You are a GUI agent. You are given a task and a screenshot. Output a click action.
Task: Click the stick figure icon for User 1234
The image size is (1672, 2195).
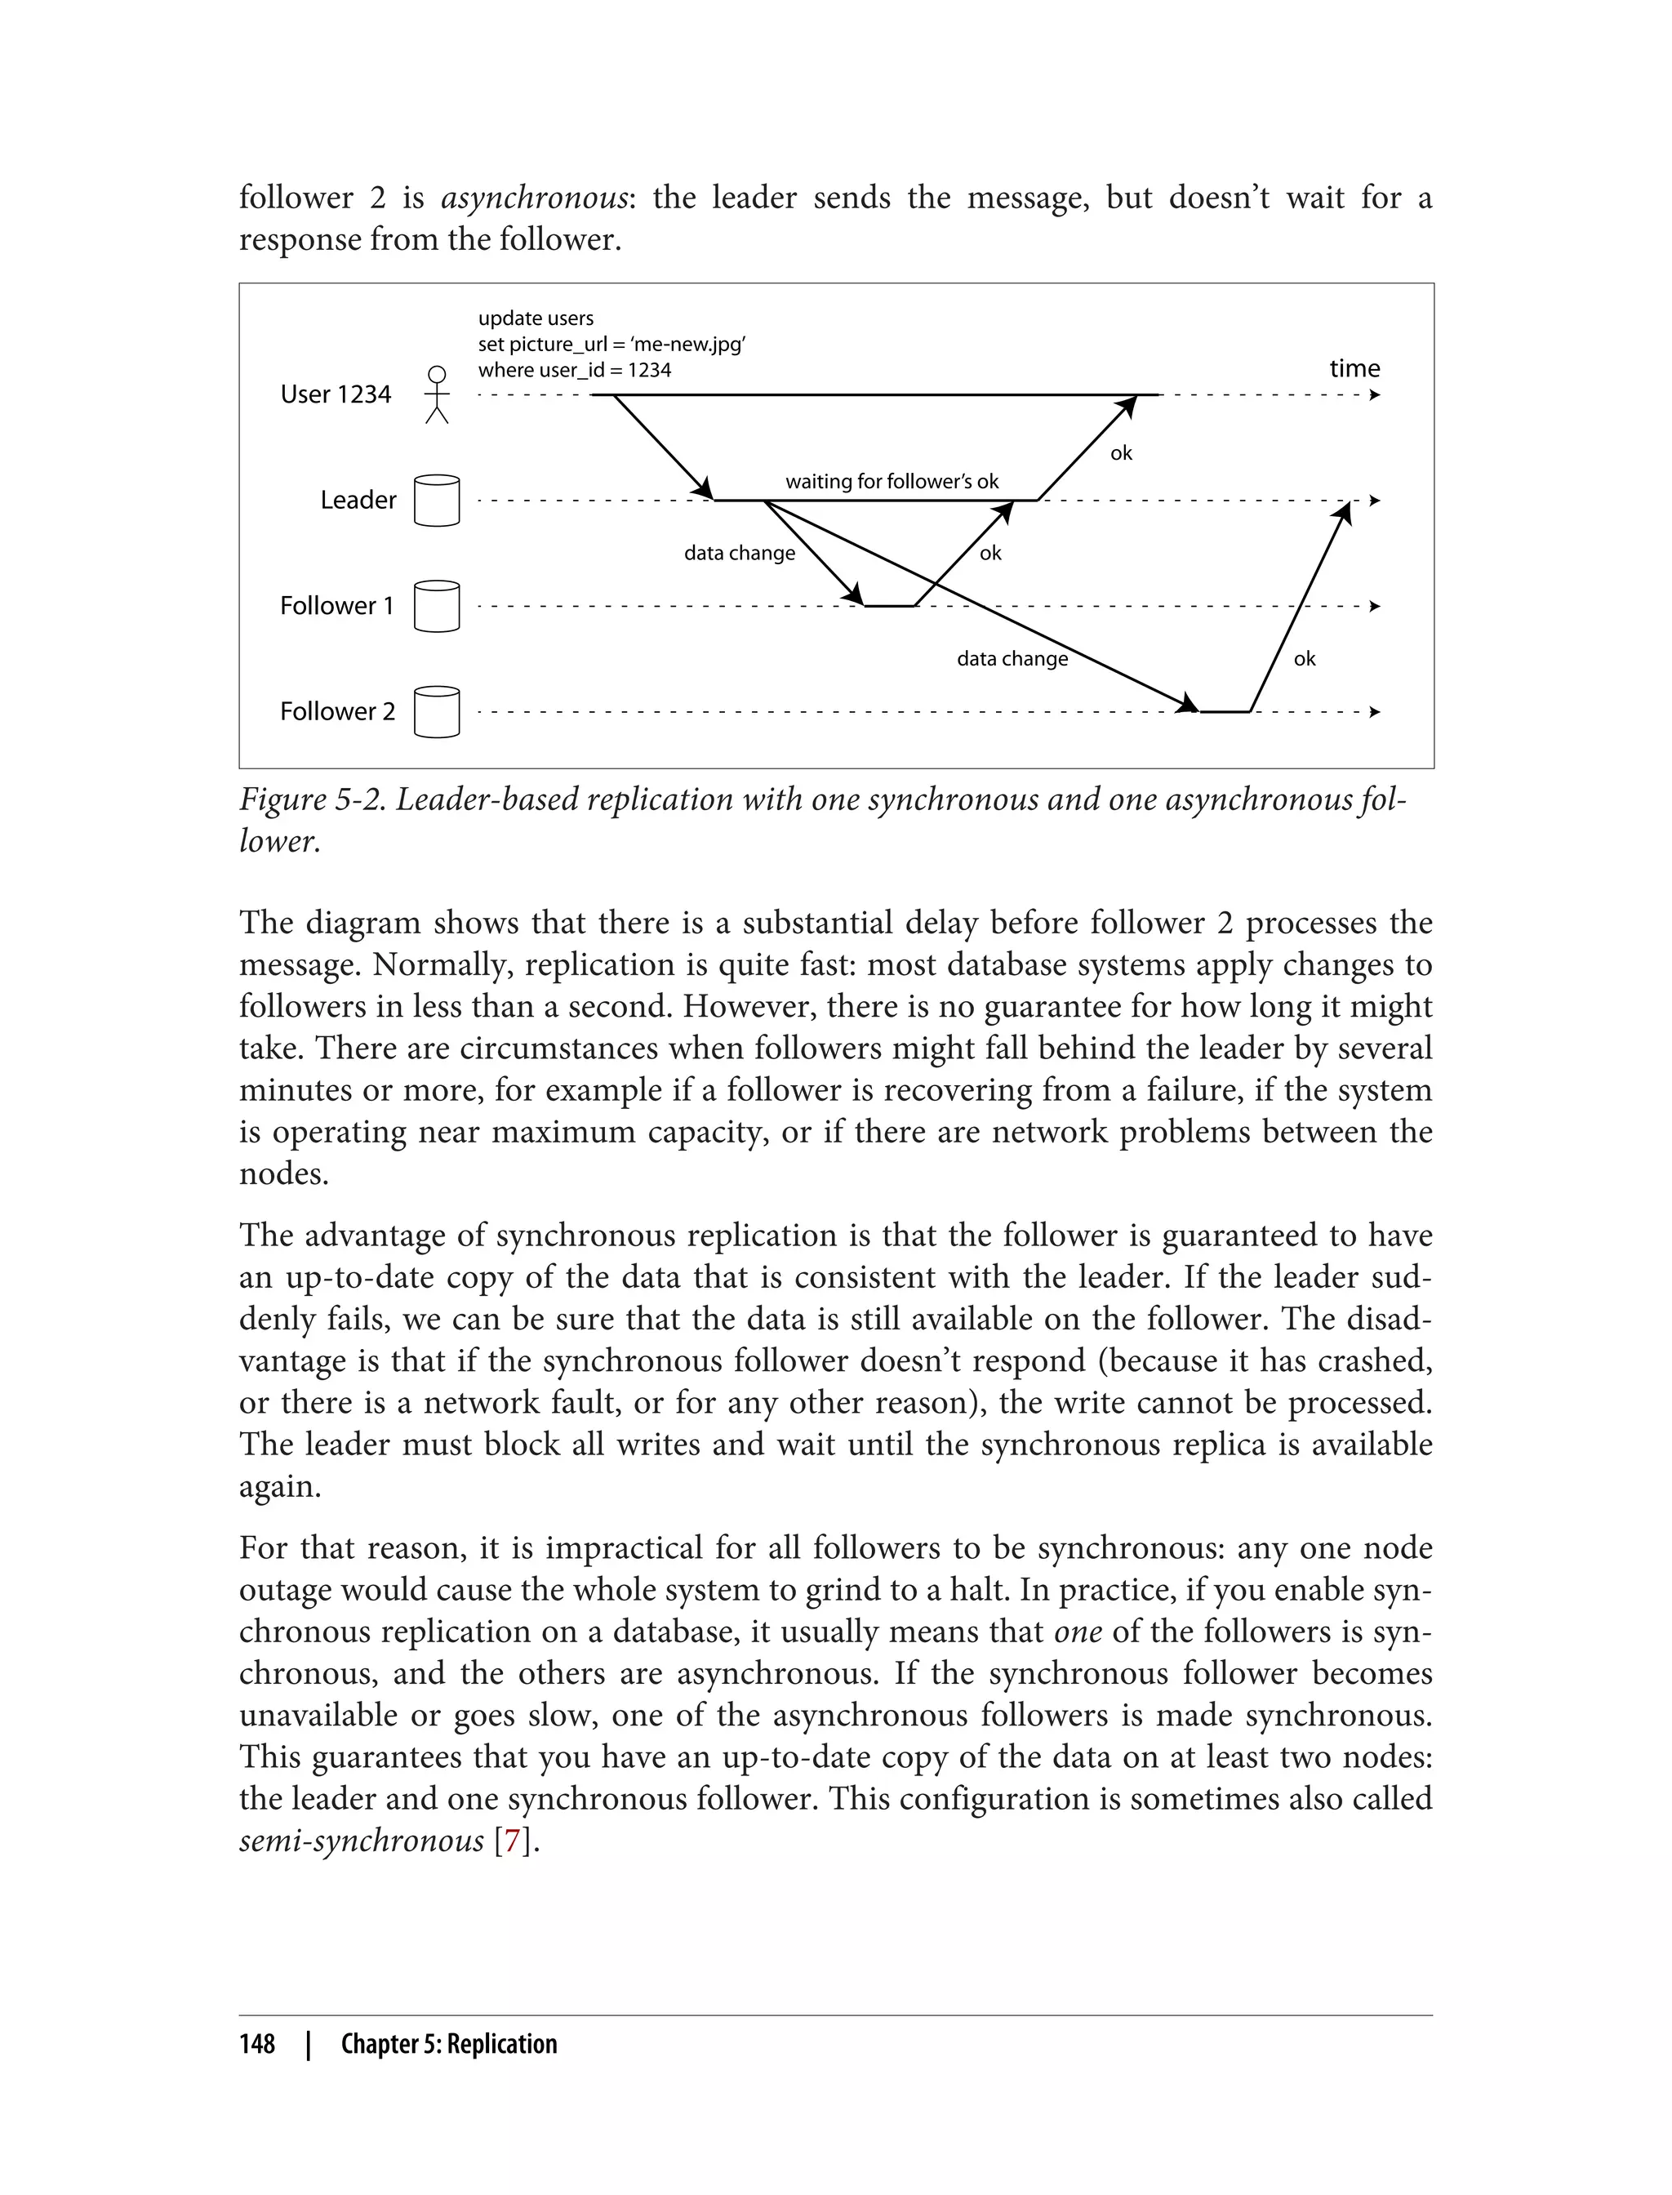[436, 395]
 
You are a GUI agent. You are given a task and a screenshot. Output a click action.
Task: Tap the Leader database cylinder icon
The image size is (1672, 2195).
[436, 501]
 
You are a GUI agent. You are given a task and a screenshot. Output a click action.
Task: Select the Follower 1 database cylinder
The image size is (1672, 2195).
[436, 606]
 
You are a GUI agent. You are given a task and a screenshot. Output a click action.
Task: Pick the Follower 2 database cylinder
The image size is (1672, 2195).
[436, 712]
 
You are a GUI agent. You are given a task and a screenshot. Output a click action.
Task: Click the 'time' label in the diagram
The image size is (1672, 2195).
[1354, 368]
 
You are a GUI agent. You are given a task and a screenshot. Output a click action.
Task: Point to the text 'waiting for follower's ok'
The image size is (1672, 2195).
[892, 482]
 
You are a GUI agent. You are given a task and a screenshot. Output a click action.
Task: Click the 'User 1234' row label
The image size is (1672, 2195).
[336, 394]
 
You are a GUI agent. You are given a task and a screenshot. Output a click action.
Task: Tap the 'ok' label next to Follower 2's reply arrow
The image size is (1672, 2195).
[1304, 659]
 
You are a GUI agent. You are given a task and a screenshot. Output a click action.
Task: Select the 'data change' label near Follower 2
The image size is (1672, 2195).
[1012, 659]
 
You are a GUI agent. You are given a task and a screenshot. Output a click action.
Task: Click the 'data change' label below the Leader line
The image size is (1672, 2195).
[740, 554]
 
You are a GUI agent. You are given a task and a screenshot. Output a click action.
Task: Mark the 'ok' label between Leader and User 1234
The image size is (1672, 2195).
[1121, 454]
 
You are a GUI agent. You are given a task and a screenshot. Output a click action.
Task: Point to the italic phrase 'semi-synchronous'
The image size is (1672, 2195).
[362, 1841]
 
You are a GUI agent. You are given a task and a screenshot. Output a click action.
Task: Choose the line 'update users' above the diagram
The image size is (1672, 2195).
[536, 318]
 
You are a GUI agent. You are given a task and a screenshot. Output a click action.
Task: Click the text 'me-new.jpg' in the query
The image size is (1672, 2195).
[689, 345]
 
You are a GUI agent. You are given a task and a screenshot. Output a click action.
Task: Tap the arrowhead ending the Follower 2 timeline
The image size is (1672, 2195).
[1375, 712]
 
